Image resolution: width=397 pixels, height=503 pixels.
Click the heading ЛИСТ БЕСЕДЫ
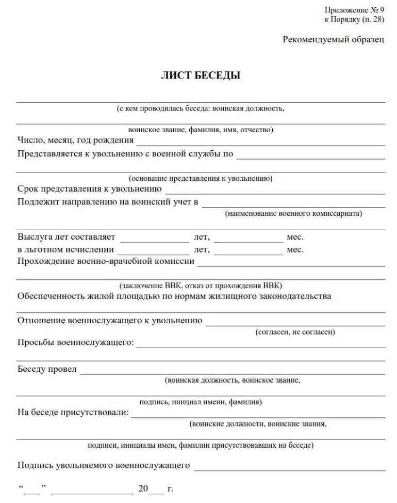pyautogui.click(x=201, y=75)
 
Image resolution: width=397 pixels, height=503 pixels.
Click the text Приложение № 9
pyautogui.click(x=354, y=10)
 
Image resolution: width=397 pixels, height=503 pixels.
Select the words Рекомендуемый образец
pyautogui.click(x=333, y=40)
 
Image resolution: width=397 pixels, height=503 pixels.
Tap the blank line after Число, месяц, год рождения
pyautogui.click(x=260, y=144)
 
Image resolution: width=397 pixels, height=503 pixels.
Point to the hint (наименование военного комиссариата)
pyautogui.click(x=294, y=213)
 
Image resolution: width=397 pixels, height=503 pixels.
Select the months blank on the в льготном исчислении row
pyautogui.click(x=249, y=253)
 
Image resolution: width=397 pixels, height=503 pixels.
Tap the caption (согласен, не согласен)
pyautogui.click(x=295, y=332)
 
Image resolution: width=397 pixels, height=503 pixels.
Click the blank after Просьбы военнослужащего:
pyautogui.click(x=260, y=346)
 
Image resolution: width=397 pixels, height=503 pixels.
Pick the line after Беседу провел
pyautogui.click(x=232, y=372)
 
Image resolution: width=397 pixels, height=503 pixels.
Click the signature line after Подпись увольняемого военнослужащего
pyautogui.click(x=289, y=469)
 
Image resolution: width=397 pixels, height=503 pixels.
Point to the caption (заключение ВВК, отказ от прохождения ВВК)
pyautogui.click(x=201, y=286)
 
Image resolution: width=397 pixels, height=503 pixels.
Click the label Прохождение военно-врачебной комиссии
pyautogui.click(x=106, y=261)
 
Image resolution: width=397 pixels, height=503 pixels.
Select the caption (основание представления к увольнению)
pyautogui.click(x=201, y=178)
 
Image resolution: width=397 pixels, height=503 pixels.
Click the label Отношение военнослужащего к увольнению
pyautogui.click(x=110, y=321)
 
